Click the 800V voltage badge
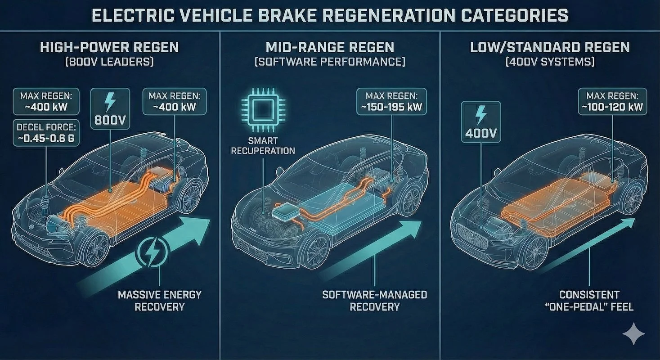coord(110,108)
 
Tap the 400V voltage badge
coord(481,122)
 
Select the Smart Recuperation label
coord(263,145)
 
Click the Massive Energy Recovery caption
coord(160,301)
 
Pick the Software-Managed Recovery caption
coord(374,301)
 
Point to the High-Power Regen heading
coord(109,47)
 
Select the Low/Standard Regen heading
coord(550,47)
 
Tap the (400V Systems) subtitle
coord(550,61)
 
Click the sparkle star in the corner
coord(634,333)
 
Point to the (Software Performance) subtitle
coord(329,61)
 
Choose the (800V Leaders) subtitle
coord(109,61)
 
